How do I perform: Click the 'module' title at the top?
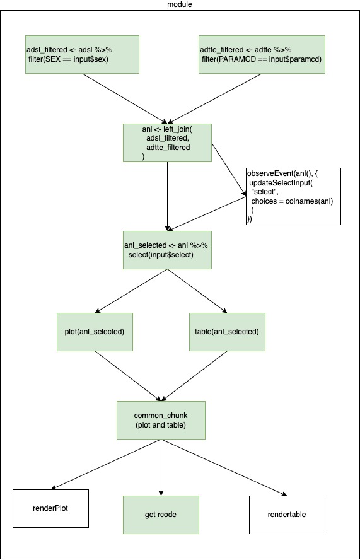[180, 4]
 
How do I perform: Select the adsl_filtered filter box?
[82, 54]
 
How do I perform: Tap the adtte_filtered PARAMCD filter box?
[262, 54]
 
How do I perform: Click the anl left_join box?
[168, 143]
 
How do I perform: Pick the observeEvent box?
[293, 196]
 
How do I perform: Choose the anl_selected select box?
[168, 250]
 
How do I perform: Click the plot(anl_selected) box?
[95, 332]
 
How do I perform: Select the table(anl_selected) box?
[227, 332]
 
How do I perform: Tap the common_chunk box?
[161, 421]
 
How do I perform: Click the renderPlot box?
[50, 508]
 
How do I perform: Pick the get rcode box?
[161, 515]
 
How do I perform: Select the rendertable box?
[287, 515]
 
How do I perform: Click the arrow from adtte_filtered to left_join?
[216, 98]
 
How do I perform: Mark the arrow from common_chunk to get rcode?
[161, 467]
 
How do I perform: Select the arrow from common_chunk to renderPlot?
[106, 464]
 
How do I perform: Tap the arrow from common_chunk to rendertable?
[224, 467]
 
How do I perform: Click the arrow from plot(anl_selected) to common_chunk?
[128, 376]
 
